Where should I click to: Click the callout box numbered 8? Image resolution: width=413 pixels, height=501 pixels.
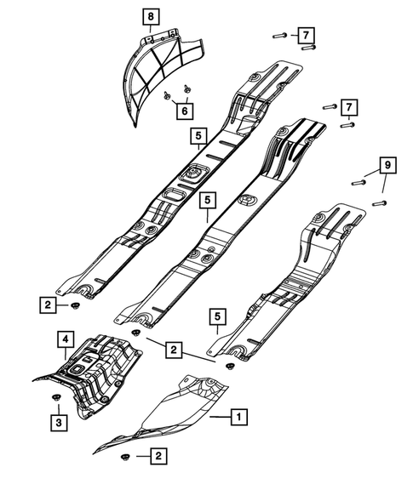tap(150, 16)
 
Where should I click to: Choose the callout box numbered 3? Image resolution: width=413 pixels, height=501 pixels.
tap(57, 422)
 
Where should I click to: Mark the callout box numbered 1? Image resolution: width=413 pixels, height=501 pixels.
tap(239, 417)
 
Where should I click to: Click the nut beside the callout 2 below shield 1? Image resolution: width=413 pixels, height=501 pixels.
tap(126, 458)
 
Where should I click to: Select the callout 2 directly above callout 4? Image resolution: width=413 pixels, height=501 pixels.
tap(50, 303)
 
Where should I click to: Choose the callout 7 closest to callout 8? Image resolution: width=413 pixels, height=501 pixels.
tap(304, 35)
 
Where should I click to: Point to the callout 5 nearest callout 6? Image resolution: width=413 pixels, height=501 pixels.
tap(198, 134)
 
